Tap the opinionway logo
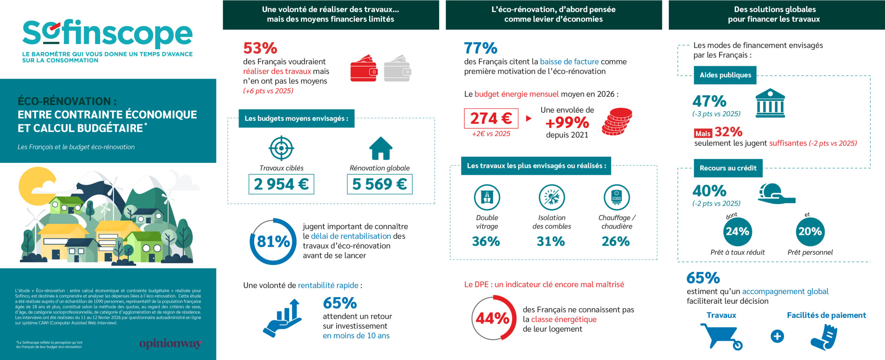click(x=170, y=343)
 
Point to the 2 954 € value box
click(x=281, y=184)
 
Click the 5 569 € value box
click(x=379, y=184)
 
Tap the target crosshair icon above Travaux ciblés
click(x=281, y=148)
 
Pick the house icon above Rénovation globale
click(x=381, y=148)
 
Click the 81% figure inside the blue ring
click(x=273, y=241)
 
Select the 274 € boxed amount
click(x=491, y=118)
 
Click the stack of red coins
click(x=617, y=121)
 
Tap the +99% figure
click(x=567, y=122)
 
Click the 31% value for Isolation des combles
click(x=551, y=241)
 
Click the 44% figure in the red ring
click(x=492, y=318)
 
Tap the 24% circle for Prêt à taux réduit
click(x=737, y=231)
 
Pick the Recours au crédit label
click(x=728, y=168)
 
